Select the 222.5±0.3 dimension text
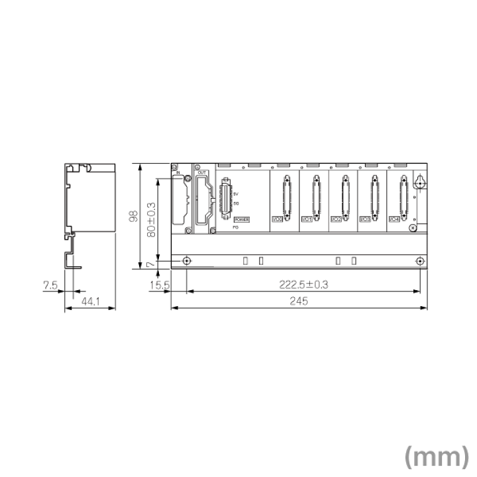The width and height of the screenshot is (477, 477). click(x=303, y=284)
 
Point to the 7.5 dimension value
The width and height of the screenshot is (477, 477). click(x=51, y=286)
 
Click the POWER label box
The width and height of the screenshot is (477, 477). click(x=241, y=218)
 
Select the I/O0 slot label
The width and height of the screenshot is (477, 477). click(x=278, y=219)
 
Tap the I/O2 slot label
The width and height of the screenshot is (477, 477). click(x=336, y=219)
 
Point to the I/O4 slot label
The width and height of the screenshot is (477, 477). click(x=394, y=219)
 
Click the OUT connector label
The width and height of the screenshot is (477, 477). click(x=203, y=172)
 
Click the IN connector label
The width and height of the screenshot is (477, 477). click(x=178, y=172)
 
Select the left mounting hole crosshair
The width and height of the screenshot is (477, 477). click(x=187, y=261)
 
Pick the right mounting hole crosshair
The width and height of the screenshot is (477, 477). click(x=420, y=261)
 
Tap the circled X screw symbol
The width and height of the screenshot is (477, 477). click(x=412, y=228)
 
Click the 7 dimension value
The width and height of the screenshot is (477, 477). click(x=150, y=264)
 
